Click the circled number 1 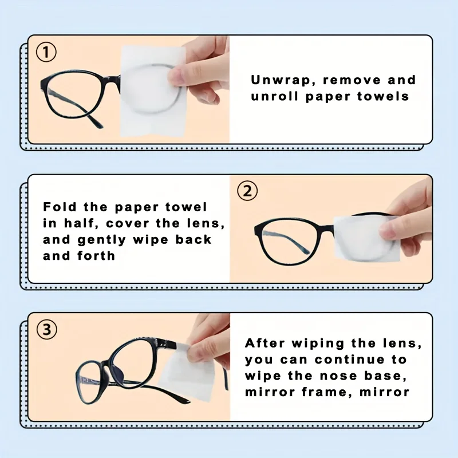coord(47,53)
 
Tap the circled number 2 coord(247,191)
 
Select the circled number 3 coord(47,329)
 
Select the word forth coord(96,255)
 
